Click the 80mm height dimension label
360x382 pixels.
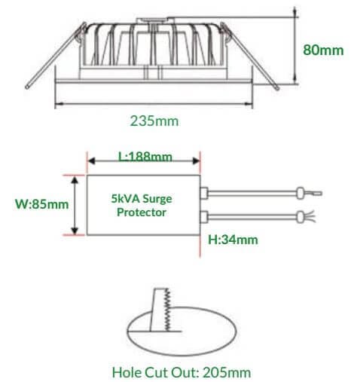[x=323, y=50]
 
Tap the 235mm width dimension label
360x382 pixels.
[x=154, y=121]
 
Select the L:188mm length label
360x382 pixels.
[x=145, y=157]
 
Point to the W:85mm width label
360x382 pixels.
[x=41, y=204]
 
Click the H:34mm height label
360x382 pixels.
[x=233, y=240]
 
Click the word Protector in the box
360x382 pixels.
[x=142, y=212]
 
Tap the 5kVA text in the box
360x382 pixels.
[x=125, y=199]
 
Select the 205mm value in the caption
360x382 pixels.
[x=227, y=372]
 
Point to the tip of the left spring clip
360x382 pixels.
[x=27, y=87]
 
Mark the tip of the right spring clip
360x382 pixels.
[x=277, y=88]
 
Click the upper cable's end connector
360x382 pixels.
[x=301, y=193]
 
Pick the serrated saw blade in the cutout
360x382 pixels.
[x=167, y=310]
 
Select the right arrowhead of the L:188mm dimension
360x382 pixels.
[x=196, y=160]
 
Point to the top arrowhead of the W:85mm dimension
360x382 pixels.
[x=75, y=179]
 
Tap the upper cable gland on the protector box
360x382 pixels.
[x=204, y=193]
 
